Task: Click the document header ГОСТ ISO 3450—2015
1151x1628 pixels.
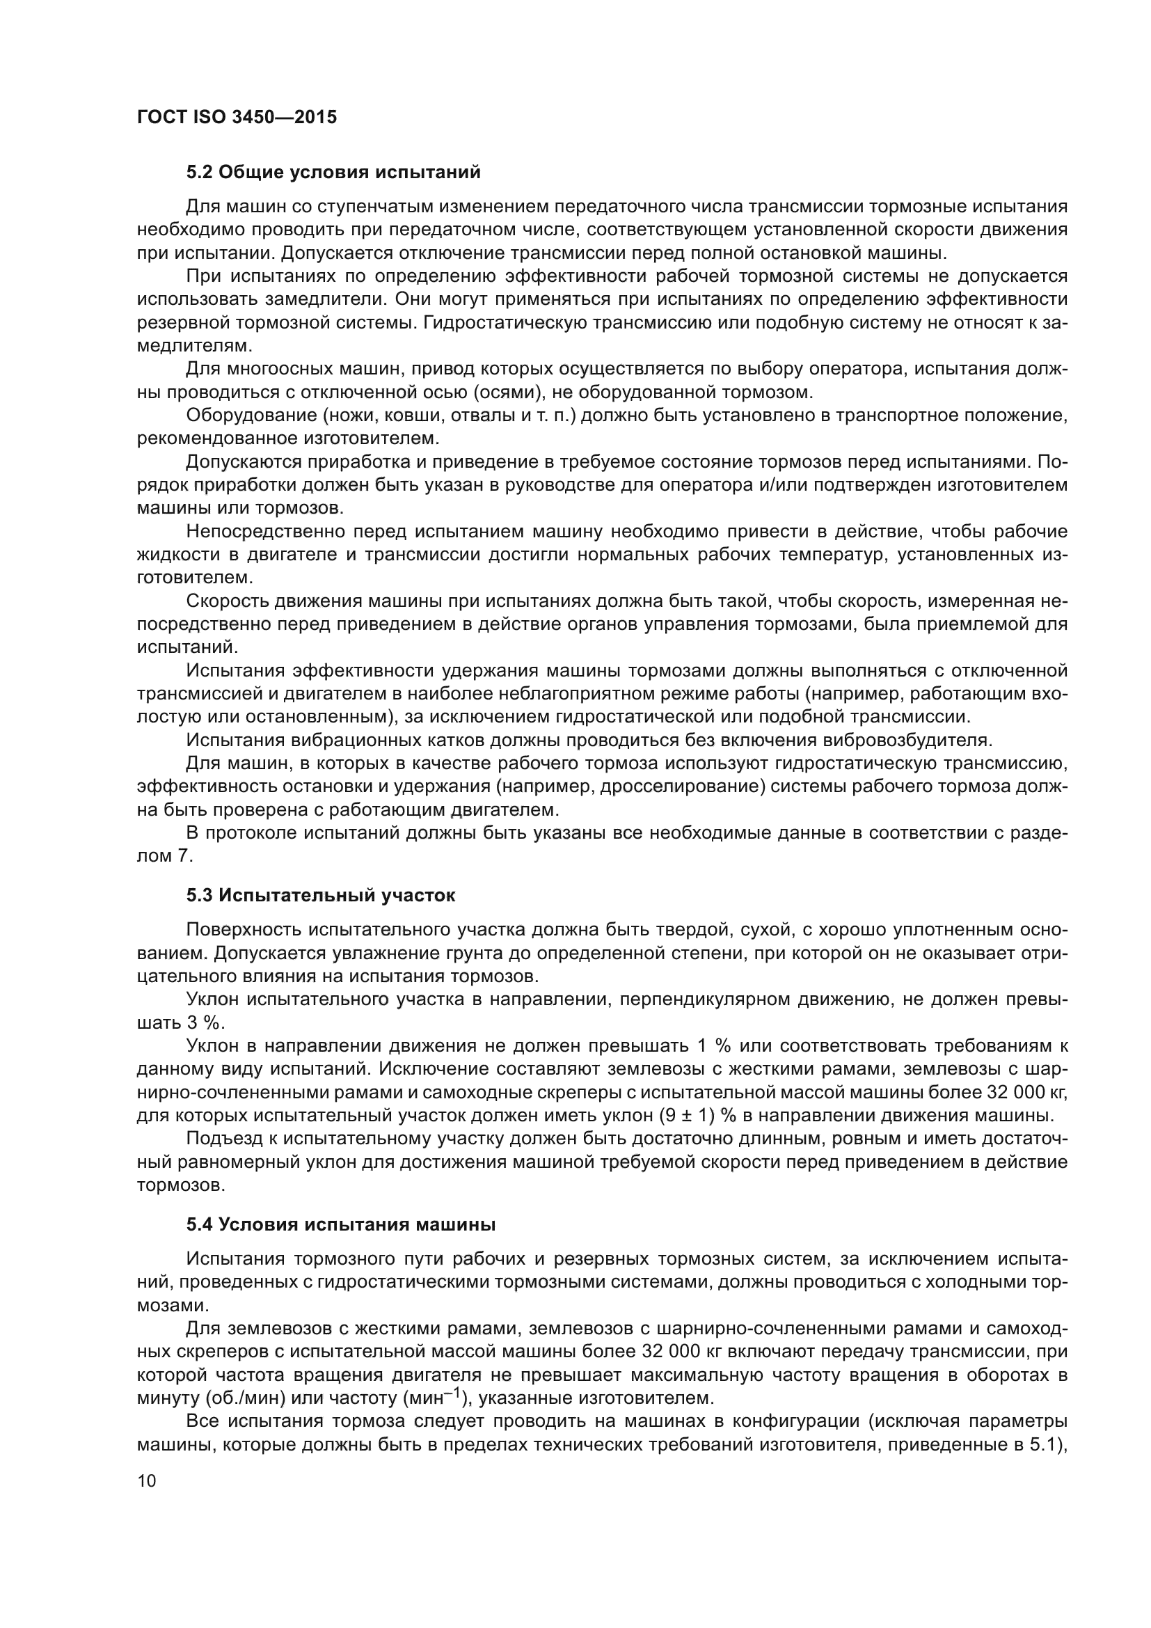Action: (x=237, y=118)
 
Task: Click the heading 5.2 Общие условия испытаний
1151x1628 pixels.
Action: (x=333, y=173)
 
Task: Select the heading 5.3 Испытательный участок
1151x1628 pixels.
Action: (x=320, y=896)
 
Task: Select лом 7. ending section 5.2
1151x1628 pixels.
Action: (x=164, y=856)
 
